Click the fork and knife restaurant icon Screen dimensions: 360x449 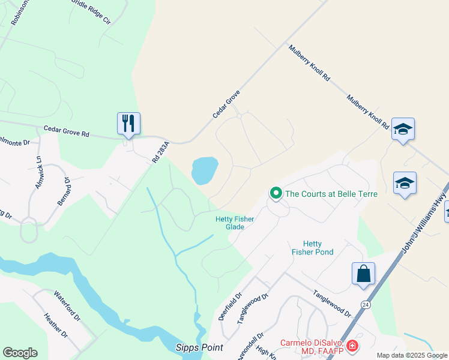[x=128, y=124]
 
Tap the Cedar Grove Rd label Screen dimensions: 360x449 [x=66, y=130]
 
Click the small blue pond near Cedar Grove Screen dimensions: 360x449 [x=204, y=170]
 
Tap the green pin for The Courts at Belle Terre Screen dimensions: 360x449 [x=276, y=193]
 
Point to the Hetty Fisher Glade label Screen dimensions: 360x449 [x=235, y=223]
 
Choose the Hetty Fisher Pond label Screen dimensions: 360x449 [x=312, y=248]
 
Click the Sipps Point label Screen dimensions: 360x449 [x=199, y=347]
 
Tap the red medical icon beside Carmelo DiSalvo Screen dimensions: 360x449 [x=352, y=346]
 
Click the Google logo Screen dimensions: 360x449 [x=20, y=353]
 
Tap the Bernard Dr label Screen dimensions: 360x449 [x=64, y=191]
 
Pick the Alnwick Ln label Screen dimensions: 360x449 [x=38, y=173]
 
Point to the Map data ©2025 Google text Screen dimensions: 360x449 [x=411, y=355]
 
